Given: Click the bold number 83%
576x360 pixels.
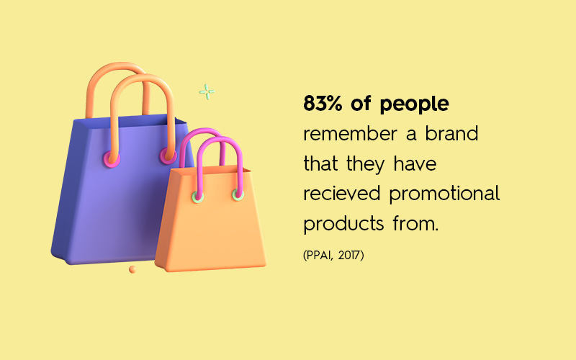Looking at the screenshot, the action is click(323, 103).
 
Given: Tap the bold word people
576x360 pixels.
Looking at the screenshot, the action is click(414, 104).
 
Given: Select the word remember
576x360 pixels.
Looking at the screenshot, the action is click(350, 133).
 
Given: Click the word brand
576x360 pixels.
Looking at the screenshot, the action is click(451, 133).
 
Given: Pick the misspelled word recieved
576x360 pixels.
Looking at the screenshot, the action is click(341, 194).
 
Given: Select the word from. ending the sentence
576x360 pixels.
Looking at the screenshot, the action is click(415, 224).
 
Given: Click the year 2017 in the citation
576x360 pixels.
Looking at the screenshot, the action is click(349, 255).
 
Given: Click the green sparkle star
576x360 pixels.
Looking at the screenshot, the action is click(207, 92).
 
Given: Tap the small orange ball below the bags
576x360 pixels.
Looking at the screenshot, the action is click(132, 269).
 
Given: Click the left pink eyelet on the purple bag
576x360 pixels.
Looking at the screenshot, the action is click(112, 158).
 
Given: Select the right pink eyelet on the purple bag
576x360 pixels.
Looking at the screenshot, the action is click(168, 156).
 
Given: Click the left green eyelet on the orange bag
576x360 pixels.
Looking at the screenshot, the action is click(198, 197).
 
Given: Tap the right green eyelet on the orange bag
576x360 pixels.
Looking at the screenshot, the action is click(238, 194).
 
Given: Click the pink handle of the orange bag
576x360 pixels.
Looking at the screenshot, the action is click(220, 139).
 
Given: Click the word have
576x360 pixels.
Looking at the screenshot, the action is click(415, 163).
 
